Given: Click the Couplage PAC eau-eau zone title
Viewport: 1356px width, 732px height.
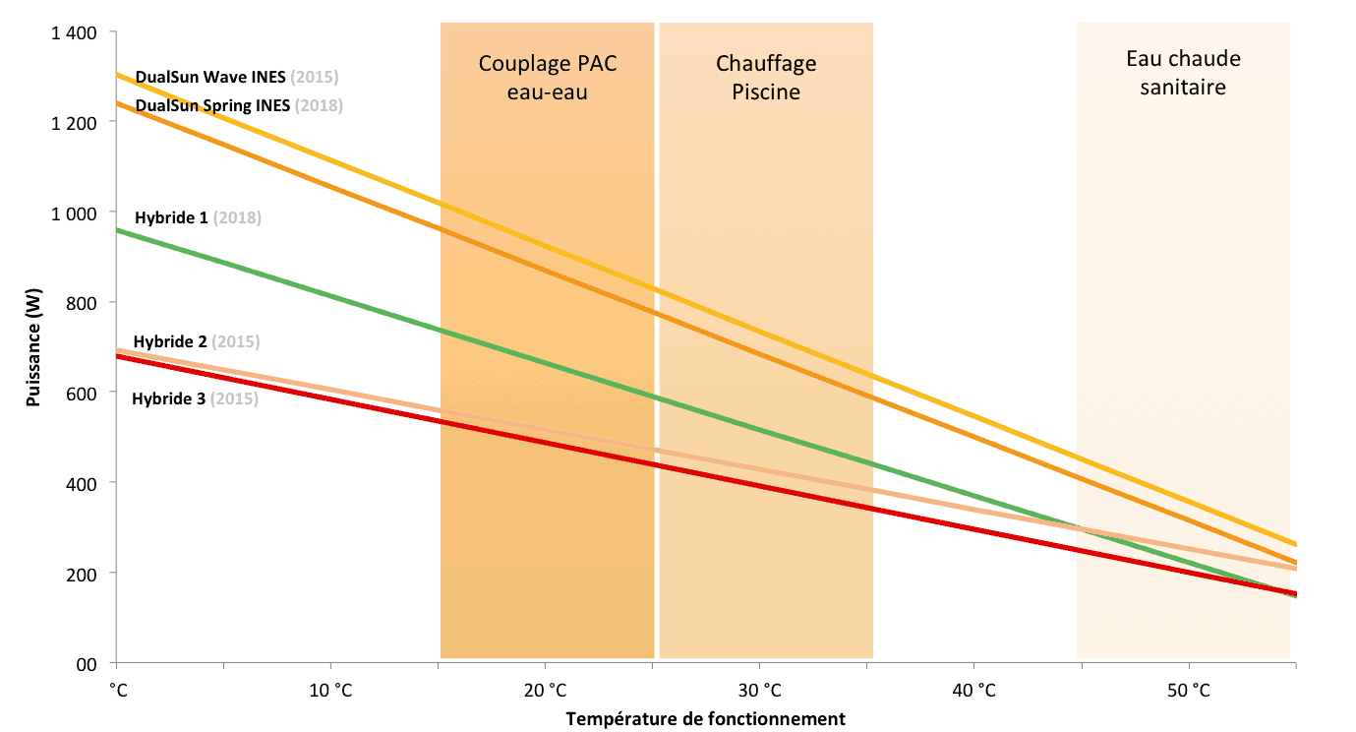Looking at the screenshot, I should click(x=548, y=78).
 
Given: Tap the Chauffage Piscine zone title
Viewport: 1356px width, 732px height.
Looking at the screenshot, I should click(x=765, y=78).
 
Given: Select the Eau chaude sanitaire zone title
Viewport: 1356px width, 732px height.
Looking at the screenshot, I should click(x=1183, y=73).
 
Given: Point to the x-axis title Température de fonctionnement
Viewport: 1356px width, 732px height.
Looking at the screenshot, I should click(x=705, y=718).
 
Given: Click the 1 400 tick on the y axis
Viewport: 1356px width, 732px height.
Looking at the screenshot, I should click(x=72, y=33).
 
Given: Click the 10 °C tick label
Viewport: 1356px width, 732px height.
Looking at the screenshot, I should click(x=330, y=690).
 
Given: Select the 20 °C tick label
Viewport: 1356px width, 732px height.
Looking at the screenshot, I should click(x=545, y=690).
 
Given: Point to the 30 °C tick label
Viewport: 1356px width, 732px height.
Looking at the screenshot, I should click(x=759, y=690).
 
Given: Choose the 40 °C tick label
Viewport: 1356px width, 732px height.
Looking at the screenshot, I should click(x=973, y=690).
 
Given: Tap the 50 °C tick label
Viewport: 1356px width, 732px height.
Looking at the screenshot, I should click(x=1188, y=690).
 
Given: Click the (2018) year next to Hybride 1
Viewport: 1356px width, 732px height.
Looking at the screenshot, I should click(x=237, y=217).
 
